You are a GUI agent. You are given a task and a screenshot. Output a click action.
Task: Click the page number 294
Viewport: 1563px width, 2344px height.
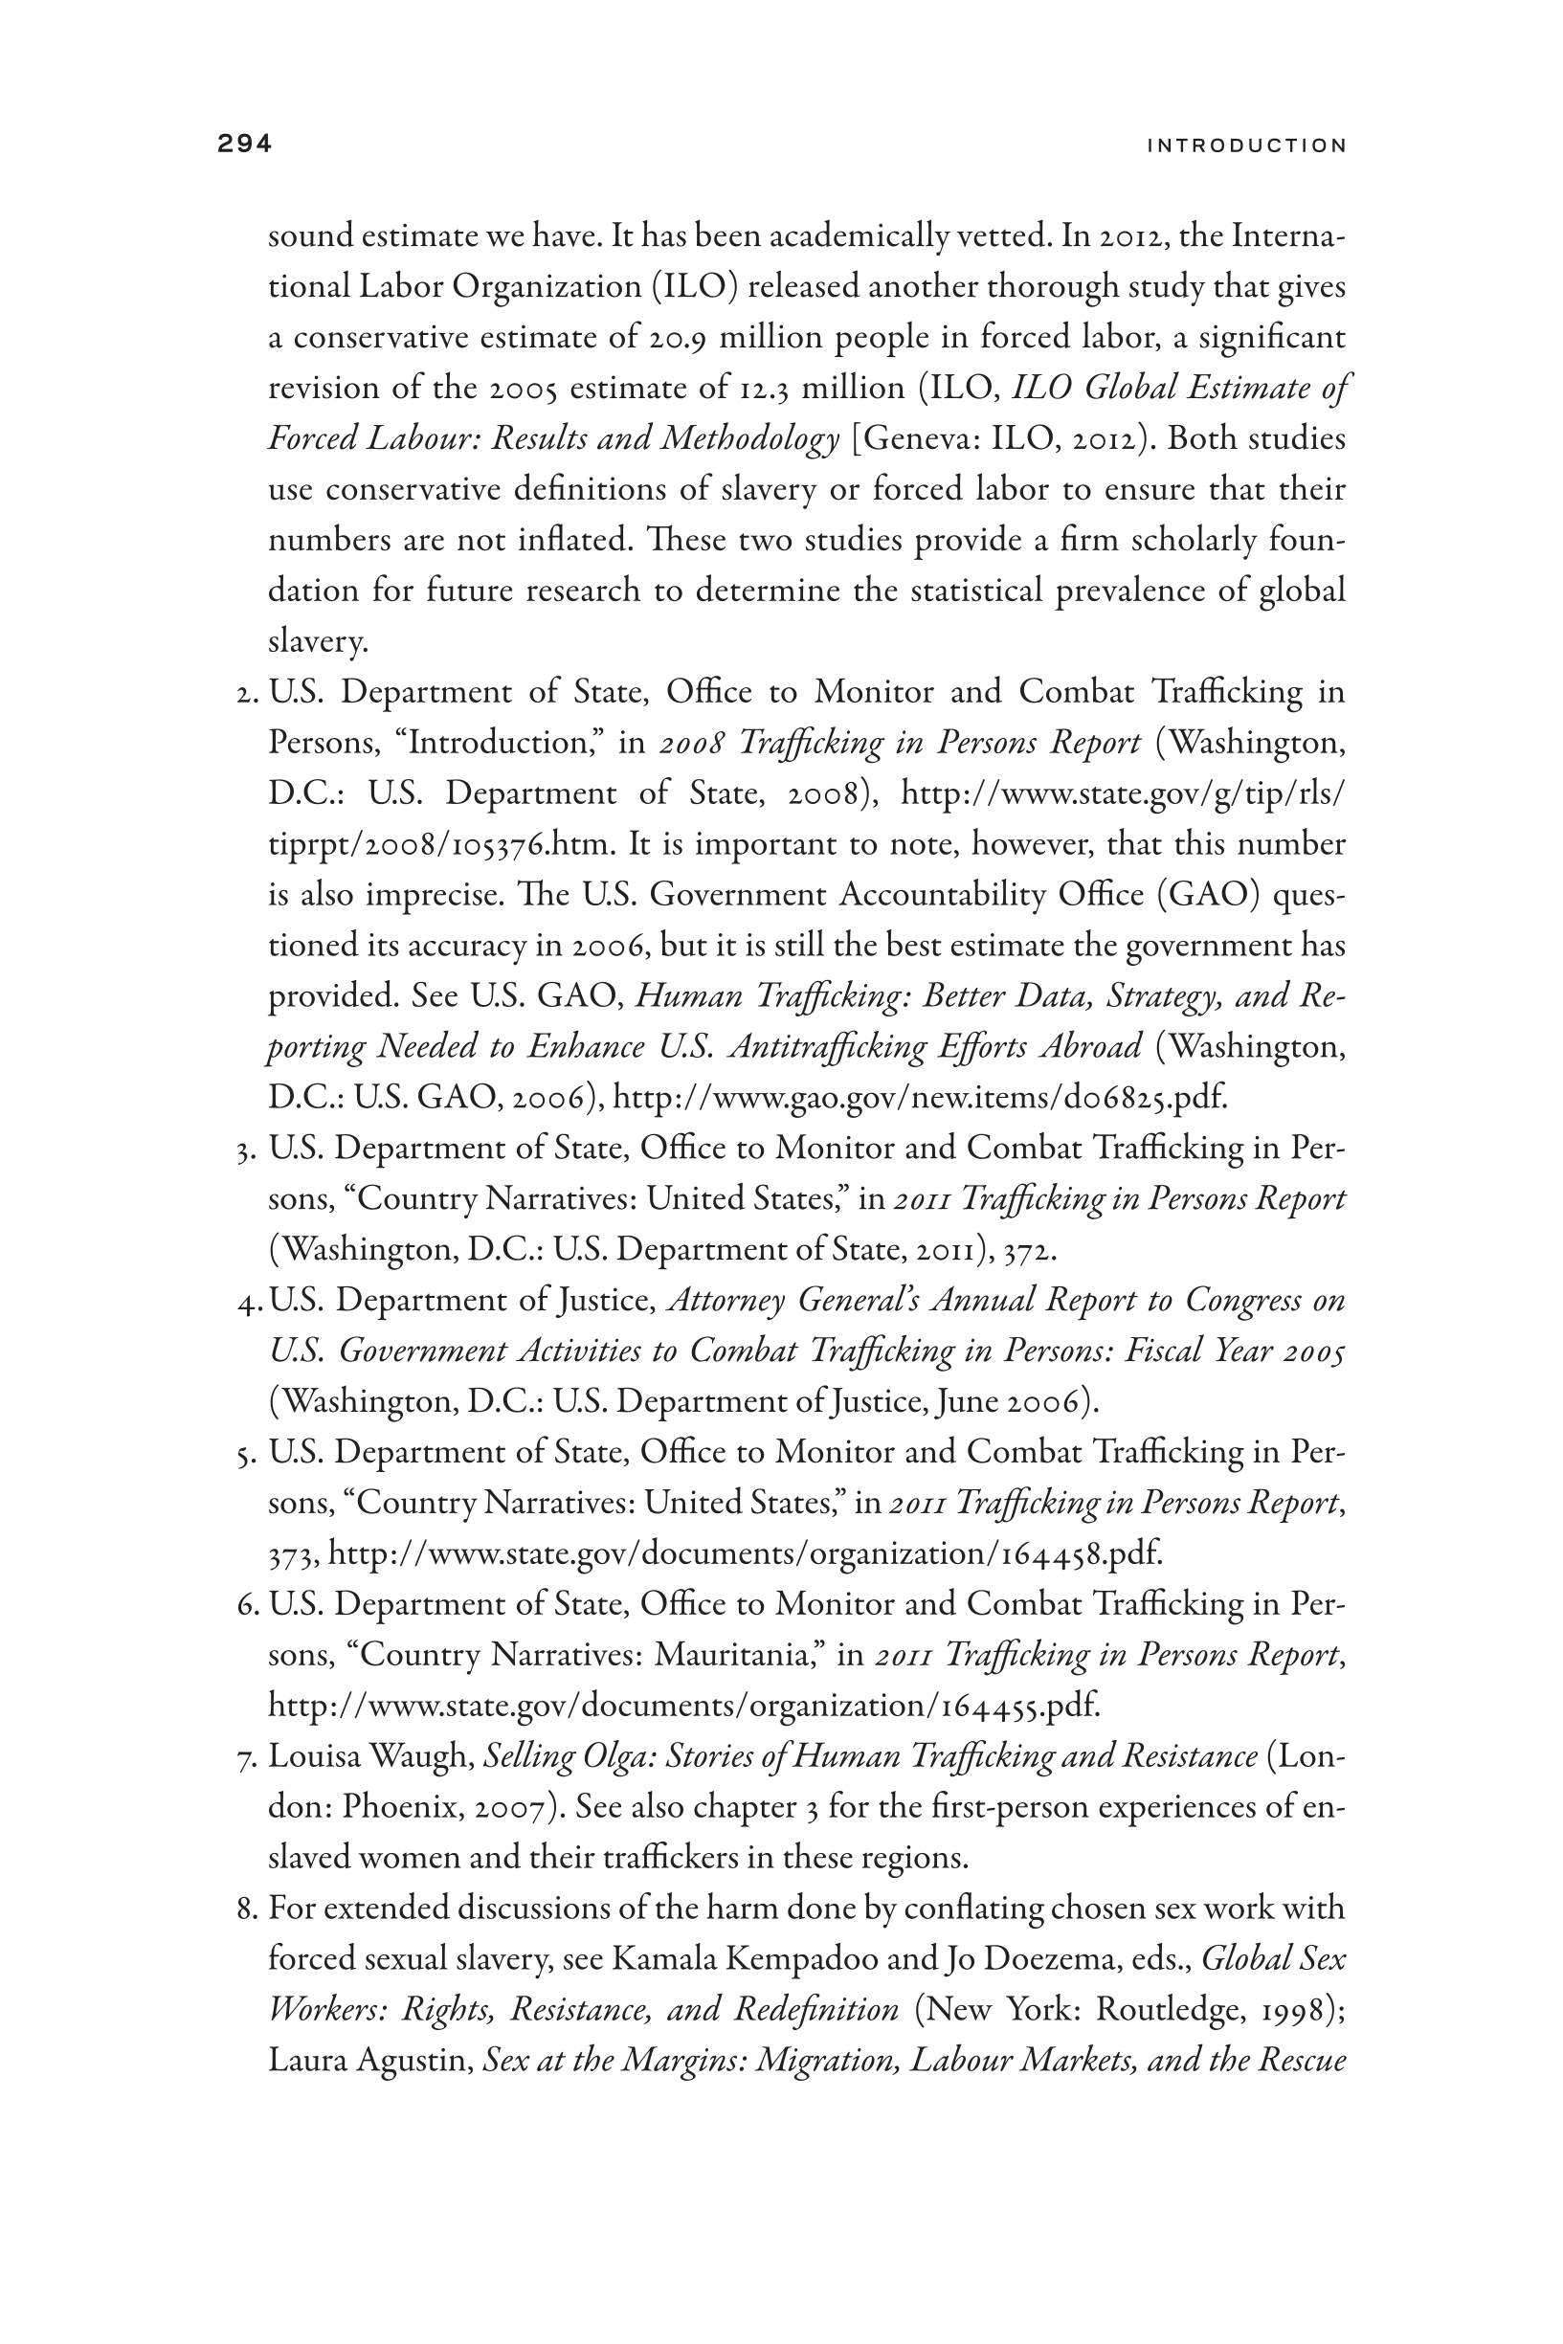coord(244,145)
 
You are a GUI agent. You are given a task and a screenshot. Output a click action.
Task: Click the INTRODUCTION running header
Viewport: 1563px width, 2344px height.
coord(1246,146)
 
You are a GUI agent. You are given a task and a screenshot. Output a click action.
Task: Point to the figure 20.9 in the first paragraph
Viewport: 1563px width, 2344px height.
coord(678,338)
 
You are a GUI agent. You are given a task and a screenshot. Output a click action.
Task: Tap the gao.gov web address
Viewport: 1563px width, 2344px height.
coord(919,1098)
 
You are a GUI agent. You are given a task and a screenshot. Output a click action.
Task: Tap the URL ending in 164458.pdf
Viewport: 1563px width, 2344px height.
coord(745,1553)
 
